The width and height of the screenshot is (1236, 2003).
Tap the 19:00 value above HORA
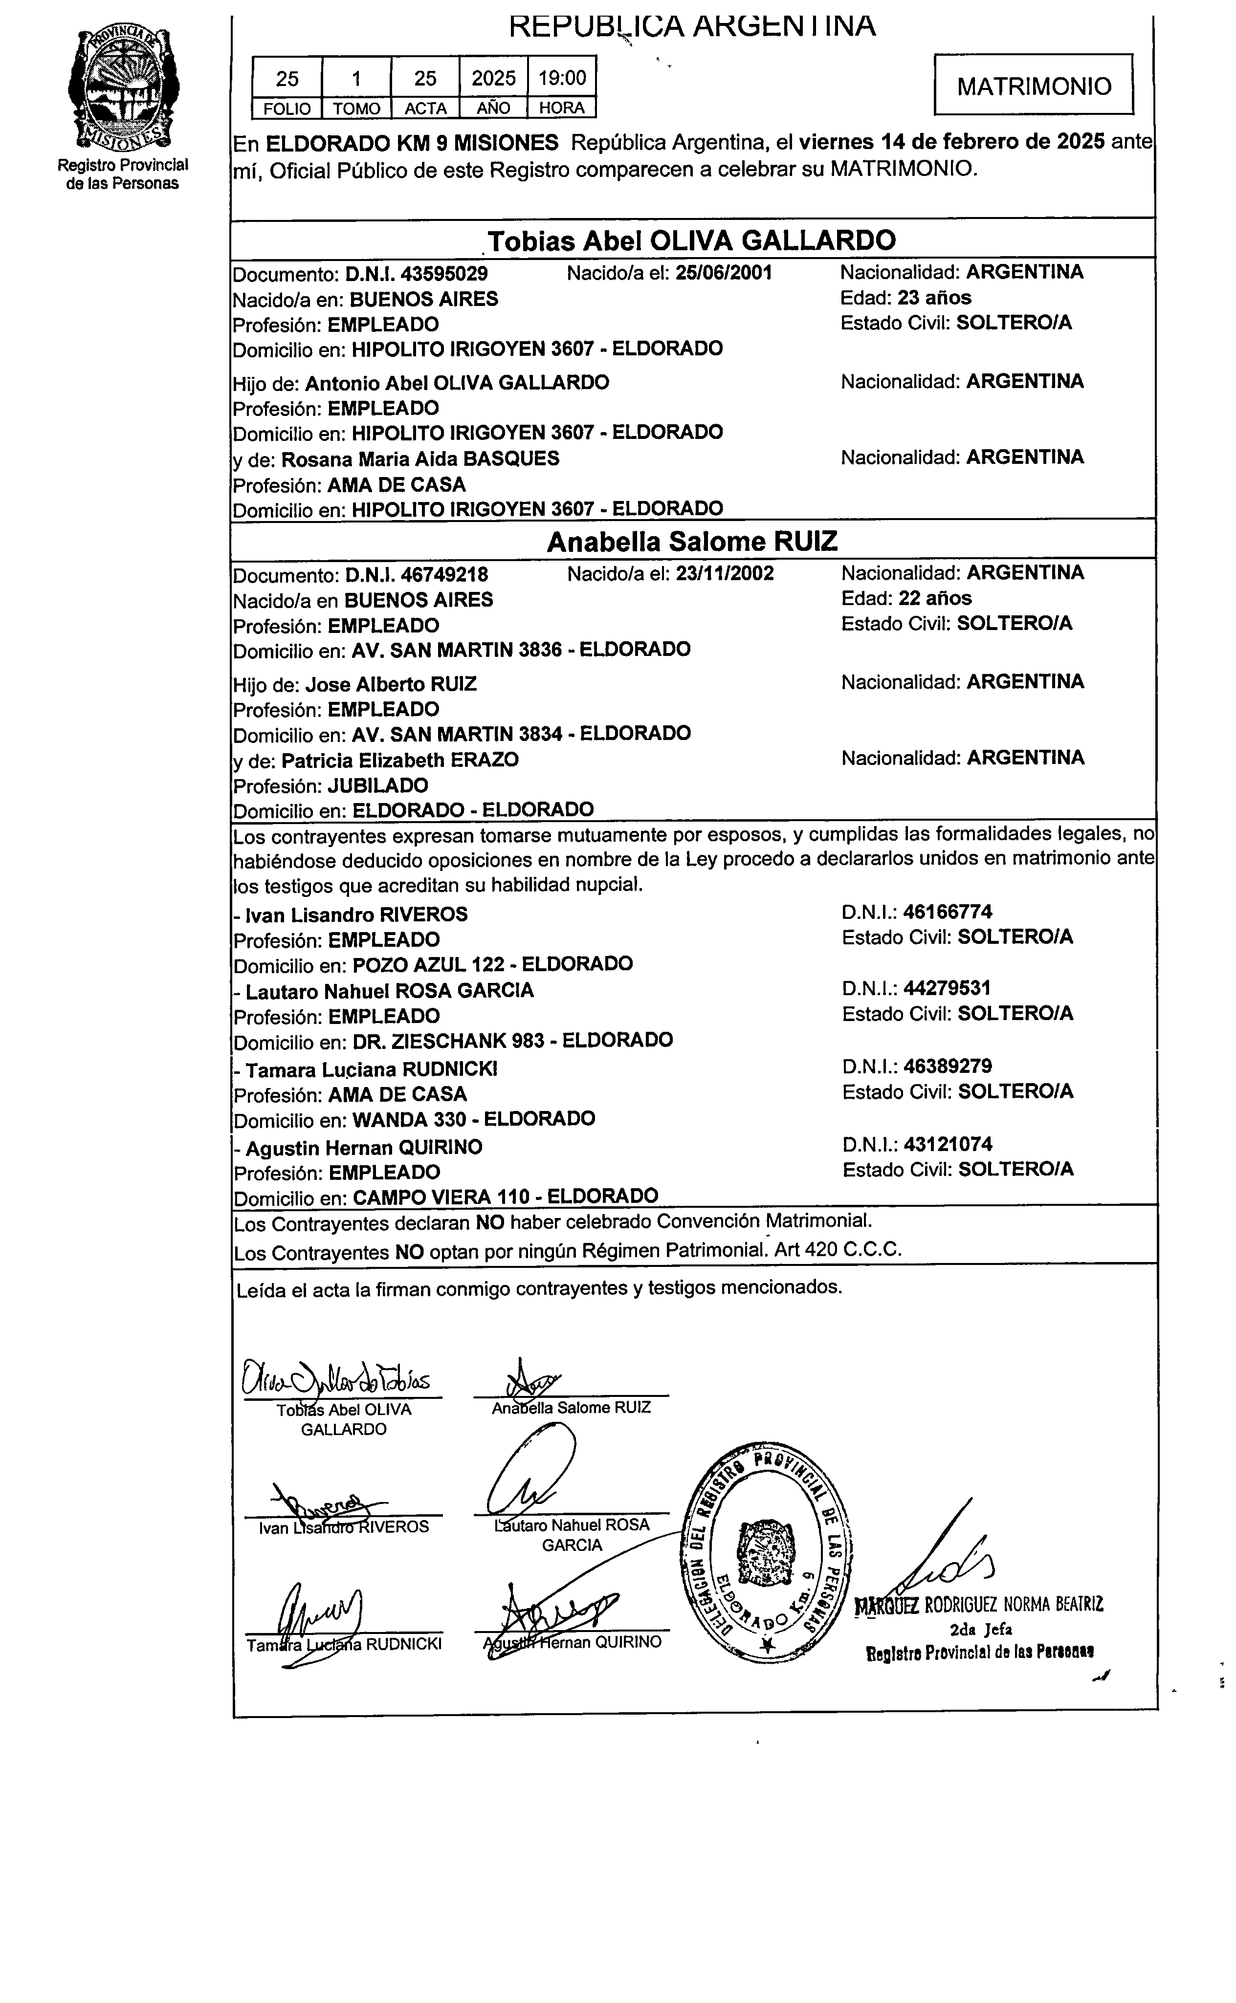click(562, 79)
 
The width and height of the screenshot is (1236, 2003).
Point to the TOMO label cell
click(356, 108)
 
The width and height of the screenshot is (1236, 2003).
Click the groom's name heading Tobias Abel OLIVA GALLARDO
click(691, 240)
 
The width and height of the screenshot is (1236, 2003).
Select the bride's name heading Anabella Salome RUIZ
click(691, 542)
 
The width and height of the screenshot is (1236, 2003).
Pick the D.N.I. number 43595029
click(417, 273)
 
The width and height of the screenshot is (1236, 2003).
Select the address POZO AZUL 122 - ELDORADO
click(492, 964)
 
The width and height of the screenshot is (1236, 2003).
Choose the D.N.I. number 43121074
click(948, 1144)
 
